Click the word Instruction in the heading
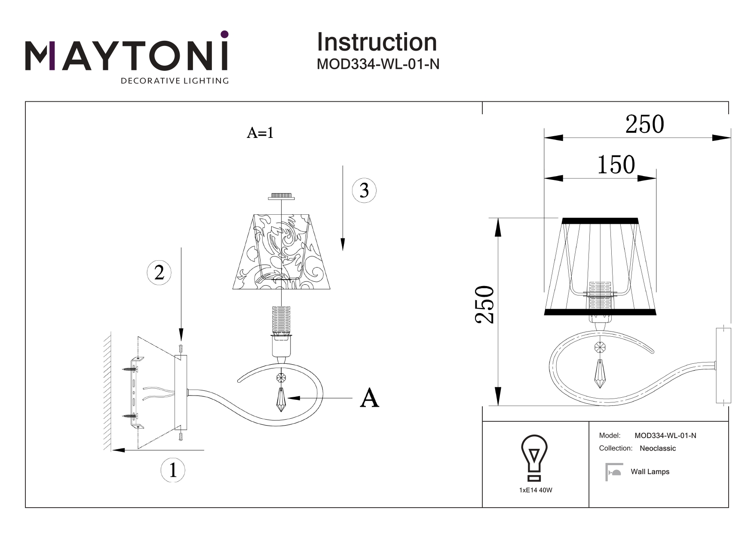point(377,42)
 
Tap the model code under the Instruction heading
point(378,64)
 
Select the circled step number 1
point(173,469)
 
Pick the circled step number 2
point(159,272)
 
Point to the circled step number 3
point(364,190)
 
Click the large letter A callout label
point(370,398)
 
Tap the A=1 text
point(260,133)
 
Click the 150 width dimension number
point(616,165)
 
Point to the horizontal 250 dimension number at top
point(644,125)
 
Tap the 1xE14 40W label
point(536,490)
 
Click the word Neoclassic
point(658,448)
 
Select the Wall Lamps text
point(650,472)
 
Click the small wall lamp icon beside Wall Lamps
point(614,472)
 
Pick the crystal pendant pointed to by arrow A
point(281,399)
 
